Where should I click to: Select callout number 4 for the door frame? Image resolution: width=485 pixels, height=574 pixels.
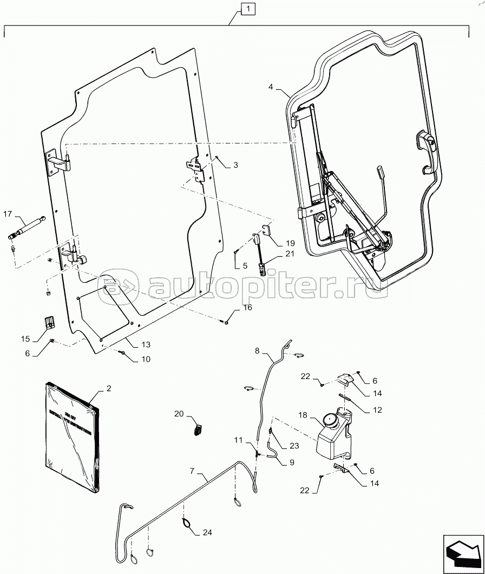click(271, 87)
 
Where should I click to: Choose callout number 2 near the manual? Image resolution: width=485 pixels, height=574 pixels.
click(109, 388)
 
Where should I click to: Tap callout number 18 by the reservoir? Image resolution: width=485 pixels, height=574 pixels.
click(303, 415)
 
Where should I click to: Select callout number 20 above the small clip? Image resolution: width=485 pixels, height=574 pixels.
click(179, 414)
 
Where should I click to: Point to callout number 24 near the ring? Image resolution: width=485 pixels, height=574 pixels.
click(207, 533)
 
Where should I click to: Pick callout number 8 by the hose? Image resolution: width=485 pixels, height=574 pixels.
click(258, 351)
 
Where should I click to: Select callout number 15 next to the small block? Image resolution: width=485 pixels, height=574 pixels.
click(25, 338)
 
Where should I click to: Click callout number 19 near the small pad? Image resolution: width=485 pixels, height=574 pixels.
click(290, 243)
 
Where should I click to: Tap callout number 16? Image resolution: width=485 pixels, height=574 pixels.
click(247, 308)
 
